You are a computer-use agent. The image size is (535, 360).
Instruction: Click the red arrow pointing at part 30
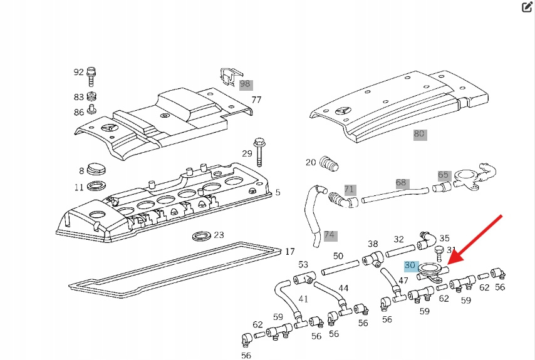point(477,240)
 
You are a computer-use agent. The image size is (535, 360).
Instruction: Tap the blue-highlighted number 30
point(411,265)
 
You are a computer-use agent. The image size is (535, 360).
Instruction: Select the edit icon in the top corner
point(527,8)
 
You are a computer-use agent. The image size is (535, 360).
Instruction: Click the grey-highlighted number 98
point(245,84)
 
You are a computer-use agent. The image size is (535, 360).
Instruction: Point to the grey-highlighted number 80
point(419,134)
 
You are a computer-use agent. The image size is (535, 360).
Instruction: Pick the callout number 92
point(78,72)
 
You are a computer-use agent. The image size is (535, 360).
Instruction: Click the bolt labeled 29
point(259,151)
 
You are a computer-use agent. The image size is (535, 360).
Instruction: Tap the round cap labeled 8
point(97,169)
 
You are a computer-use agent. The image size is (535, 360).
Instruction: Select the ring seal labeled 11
point(97,187)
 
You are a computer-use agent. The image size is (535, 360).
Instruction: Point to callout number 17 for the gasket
point(289,252)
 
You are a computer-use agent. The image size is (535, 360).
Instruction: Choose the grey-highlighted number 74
point(330,235)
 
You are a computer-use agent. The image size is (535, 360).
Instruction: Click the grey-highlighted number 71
point(350,189)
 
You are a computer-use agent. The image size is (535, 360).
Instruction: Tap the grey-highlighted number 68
point(401,183)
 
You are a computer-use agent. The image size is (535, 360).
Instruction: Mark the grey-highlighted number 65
point(444,175)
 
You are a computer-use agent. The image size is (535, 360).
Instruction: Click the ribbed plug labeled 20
point(330,164)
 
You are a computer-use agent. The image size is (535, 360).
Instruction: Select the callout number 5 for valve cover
point(278,192)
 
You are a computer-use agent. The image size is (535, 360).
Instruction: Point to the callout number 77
point(256,100)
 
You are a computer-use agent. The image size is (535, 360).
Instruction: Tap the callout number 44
point(343,288)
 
